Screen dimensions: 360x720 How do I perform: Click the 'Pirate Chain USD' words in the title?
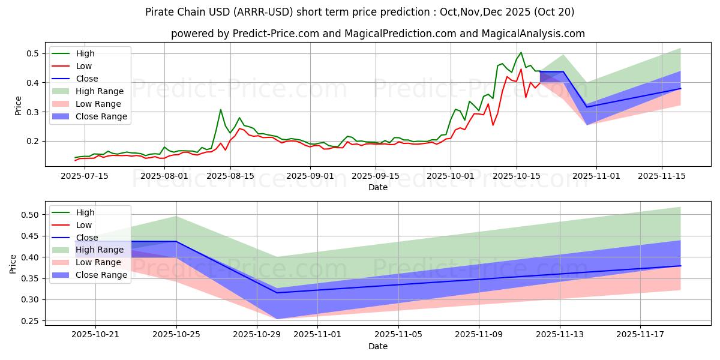pyautogui.click(x=182, y=12)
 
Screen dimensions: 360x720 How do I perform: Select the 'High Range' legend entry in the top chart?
pyautogui.click(x=99, y=91)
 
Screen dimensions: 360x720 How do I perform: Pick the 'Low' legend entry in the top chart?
pyautogui.click(x=83, y=66)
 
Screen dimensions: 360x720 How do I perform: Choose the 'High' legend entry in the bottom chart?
pyautogui.click(x=85, y=212)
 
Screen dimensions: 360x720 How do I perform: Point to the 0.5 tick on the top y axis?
pyautogui.click(x=32, y=53)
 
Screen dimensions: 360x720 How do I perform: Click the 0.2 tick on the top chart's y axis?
pyautogui.click(x=32, y=141)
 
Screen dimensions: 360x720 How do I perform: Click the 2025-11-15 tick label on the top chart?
pyautogui.click(x=662, y=176)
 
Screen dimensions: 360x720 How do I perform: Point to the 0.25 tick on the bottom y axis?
pyautogui.click(x=30, y=321)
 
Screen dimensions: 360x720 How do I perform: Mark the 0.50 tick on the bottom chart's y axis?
pyautogui.click(x=30, y=215)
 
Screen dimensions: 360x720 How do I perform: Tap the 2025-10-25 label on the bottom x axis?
pyautogui.click(x=176, y=334)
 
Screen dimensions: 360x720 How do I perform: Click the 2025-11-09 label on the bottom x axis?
pyautogui.click(x=479, y=334)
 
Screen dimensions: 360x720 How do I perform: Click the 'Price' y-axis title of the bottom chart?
pyautogui.click(x=13, y=263)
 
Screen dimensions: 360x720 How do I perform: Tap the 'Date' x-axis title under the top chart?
pyautogui.click(x=378, y=187)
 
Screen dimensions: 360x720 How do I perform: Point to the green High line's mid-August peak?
pyautogui.click(x=220, y=110)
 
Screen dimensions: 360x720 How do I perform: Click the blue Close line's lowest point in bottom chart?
pyautogui.click(x=277, y=293)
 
